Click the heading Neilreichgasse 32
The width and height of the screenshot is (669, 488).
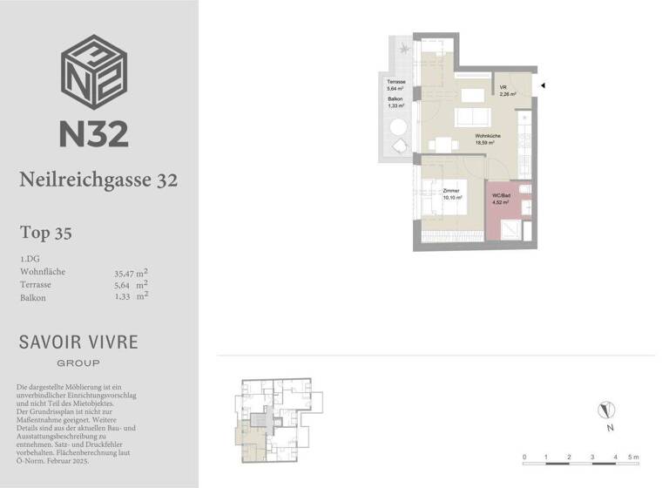point(98,180)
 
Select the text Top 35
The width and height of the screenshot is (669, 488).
point(45,233)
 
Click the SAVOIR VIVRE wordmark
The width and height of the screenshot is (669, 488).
point(78,342)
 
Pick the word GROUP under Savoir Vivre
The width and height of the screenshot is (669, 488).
point(78,363)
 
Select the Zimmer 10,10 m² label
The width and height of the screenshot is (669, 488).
point(450,193)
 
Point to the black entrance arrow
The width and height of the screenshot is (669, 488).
point(542,85)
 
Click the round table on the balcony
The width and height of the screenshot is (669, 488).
point(398,127)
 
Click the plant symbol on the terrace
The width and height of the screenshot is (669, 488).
point(403,51)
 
